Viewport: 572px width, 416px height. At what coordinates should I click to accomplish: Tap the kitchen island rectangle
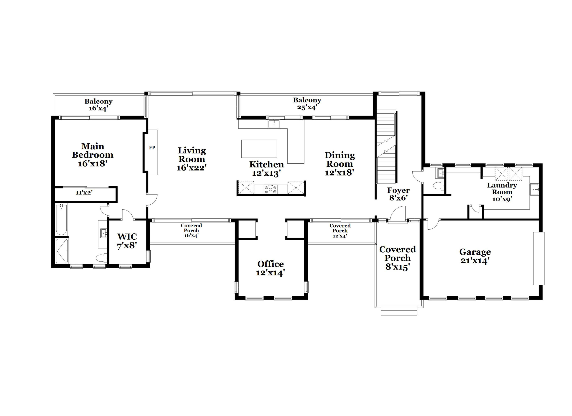259,149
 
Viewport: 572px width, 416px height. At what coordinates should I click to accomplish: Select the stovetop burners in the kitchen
271,189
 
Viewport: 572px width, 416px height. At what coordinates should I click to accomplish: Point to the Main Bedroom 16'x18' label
92,155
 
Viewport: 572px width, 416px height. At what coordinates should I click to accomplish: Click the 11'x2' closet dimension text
84,193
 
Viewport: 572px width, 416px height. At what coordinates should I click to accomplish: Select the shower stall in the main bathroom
62,251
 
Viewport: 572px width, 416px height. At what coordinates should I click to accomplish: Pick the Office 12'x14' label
270,268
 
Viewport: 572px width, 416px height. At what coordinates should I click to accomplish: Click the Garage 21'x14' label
475,256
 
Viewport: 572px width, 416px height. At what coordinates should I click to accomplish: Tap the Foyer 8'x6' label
398,194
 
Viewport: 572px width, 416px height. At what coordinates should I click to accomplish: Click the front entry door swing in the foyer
398,214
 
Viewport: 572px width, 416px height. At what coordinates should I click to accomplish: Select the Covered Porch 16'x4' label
191,230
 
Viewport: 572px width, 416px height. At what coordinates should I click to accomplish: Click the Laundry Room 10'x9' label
502,192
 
